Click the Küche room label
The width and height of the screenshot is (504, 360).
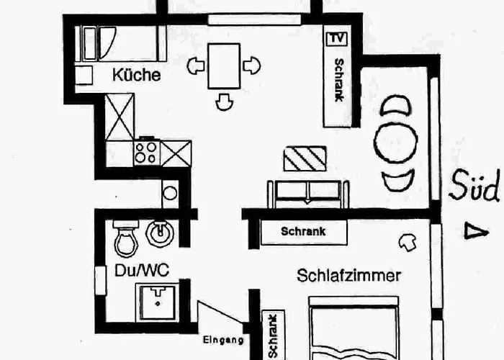(135, 75)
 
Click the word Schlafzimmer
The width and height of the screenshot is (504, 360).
(349, 274)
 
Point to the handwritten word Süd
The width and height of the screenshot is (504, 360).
(474, 189)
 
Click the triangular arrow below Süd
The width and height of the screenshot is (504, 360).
(472, 231)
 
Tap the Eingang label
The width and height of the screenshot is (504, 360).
(222, 341)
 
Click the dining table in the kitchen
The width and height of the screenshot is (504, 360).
(224, 66)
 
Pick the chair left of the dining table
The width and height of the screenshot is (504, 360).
(196, 67)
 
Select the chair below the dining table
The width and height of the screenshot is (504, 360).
(224, 102)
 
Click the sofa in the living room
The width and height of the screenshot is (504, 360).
(308, 193)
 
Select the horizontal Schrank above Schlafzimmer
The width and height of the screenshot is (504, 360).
(303, 232)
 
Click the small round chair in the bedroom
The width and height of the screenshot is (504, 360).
(408, 241)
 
